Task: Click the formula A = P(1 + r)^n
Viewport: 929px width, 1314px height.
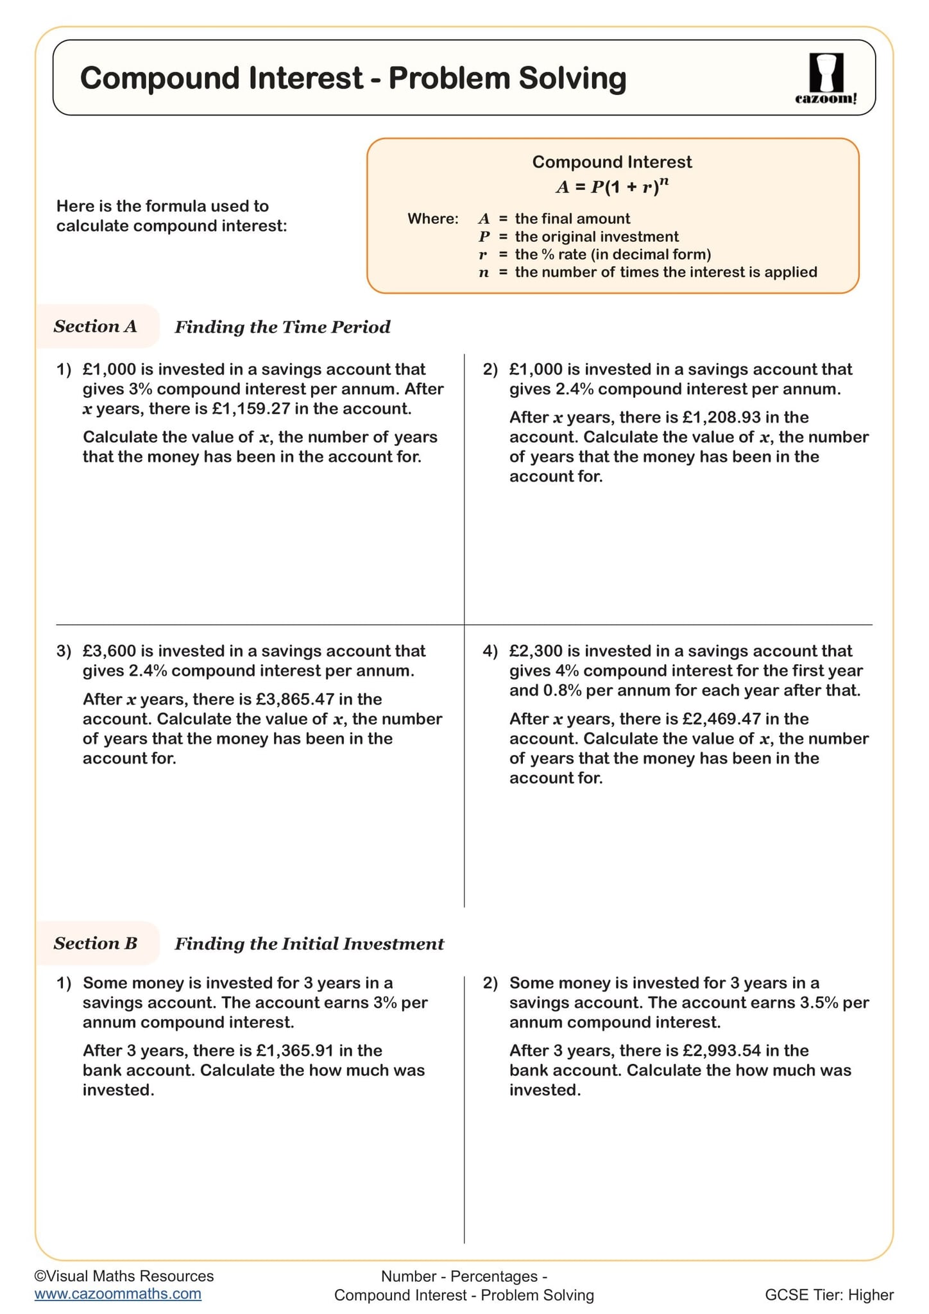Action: coord(612,187)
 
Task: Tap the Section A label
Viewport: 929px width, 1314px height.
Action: coord(95,327)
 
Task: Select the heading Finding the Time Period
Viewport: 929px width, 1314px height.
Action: coord(282,327)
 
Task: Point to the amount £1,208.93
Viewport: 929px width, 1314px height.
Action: coord(721,418)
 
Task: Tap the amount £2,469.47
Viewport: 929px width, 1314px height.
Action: coord(721,719)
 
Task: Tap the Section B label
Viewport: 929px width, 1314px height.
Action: coord(95,943)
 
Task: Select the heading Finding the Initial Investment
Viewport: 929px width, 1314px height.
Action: coord(309,944)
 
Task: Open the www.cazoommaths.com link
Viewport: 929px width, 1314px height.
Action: coord(117,1293)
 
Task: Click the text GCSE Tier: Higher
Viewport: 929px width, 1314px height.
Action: coord(829,1295)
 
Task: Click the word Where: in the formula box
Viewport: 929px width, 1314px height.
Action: coord(433,219)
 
